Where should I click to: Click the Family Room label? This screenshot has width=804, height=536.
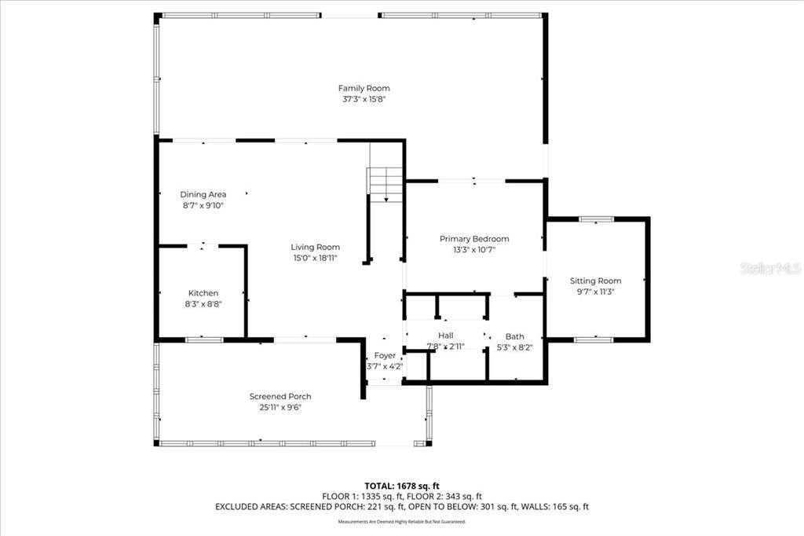pos(364,88)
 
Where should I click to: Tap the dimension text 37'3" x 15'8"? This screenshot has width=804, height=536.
pos(364,99)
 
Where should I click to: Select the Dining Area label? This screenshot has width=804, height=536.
pos(203,194)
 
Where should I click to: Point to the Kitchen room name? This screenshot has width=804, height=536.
pos(203,293)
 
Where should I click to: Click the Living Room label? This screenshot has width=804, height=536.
pos(316,247)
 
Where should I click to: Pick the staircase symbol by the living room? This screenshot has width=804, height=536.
pos(385,185)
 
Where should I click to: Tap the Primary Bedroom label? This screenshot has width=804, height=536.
pos(474,239)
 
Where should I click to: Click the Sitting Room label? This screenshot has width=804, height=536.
pos(595,281)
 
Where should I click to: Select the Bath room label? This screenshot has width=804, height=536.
pos(514,336)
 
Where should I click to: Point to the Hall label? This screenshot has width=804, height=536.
pos(445,336)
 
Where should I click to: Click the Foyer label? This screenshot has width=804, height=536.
pos(385,356)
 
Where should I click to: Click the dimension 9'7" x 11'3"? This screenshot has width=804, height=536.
pos(595,292)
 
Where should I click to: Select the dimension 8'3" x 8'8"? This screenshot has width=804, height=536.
pos(203,304)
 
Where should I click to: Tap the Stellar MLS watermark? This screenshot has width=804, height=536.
pos(769,269)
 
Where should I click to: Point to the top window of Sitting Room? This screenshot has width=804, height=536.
pos(596,218)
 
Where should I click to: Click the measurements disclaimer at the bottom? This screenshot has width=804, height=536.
pos(401,521)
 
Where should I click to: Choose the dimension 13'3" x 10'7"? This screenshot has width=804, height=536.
pos(474,250)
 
